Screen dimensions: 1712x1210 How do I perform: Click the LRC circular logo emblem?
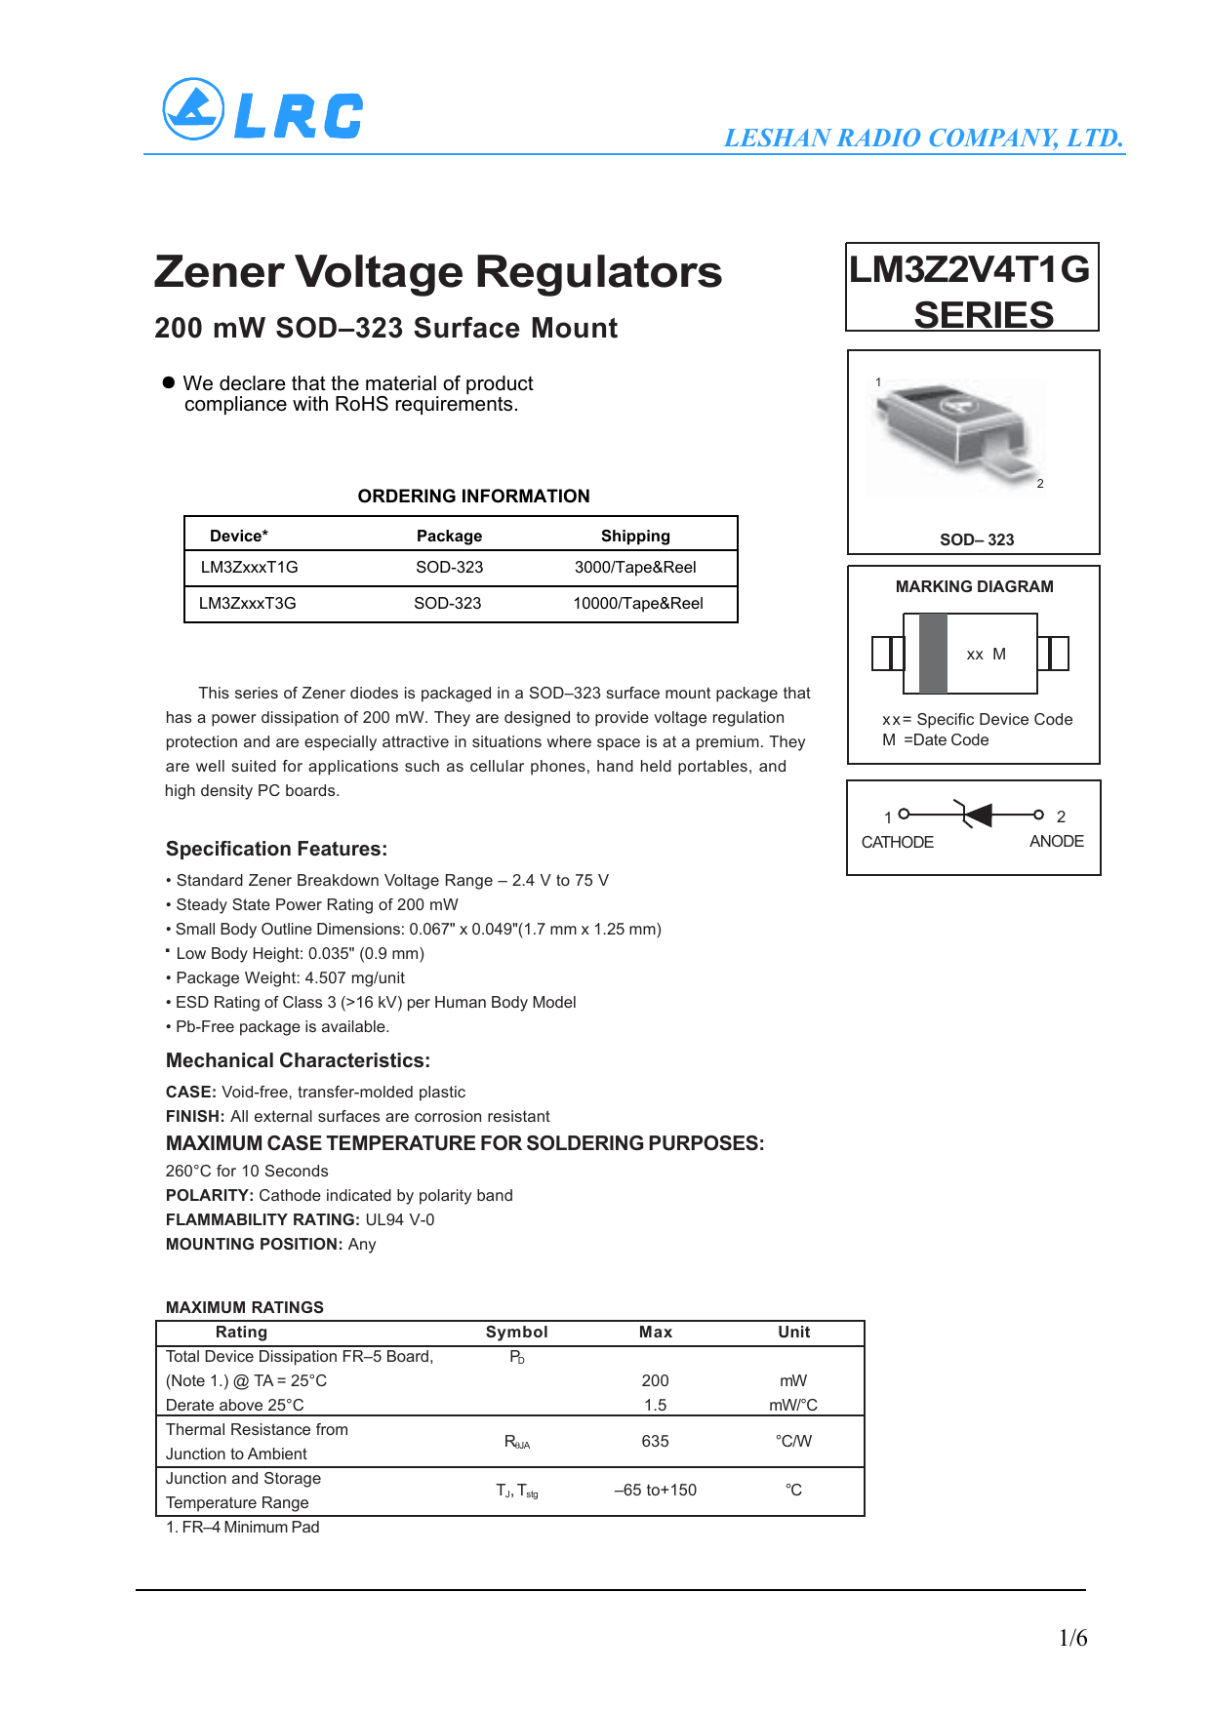pos(193,109)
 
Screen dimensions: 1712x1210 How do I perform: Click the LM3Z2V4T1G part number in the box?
pos(969,269)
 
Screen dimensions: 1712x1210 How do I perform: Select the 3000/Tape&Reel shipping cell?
pos(635,568)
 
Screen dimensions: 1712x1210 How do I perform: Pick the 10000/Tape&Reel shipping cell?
pos(638,604)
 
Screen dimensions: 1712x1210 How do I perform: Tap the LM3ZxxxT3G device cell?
pos(248,604)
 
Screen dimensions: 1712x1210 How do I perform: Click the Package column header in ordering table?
pos(449,537)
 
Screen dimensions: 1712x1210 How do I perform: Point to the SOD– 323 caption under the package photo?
pos(977,539)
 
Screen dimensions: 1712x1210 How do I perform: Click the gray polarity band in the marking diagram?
pos(933,654)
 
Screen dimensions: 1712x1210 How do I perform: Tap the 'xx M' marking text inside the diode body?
pos(986,655)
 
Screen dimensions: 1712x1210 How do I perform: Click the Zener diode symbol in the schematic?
pos(977,814)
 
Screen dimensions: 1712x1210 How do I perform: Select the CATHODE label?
pos(897,842)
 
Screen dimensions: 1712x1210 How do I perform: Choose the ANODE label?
pos(1056,841)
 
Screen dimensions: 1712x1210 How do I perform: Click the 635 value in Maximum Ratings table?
pos(655,1442)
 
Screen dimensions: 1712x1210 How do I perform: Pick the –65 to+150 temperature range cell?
pos(655,1491)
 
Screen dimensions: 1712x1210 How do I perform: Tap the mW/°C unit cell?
pos(793,1406)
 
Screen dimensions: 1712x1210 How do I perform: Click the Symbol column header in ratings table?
pos(516,1333)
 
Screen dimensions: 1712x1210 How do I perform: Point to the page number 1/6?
pos(1072,1638)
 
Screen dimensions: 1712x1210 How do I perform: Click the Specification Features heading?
pos(276,849)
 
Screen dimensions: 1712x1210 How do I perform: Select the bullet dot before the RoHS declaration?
pos(169,382)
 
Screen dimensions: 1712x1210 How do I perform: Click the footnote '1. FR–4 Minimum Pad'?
pos(242,1528)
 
